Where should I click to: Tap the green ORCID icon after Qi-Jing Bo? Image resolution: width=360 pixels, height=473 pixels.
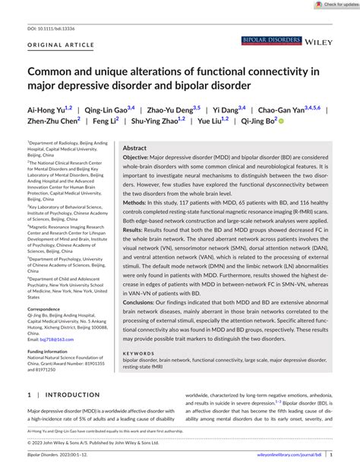(280, 121)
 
